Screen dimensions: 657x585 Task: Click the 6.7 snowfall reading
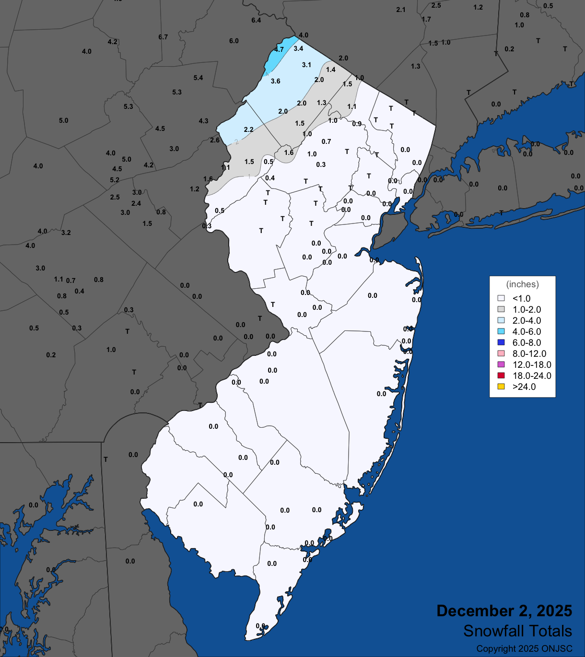[x=163, y=37]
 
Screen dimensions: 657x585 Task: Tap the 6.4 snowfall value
[x=256, y=20]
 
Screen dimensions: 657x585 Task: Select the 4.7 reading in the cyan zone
[x=279, y=49]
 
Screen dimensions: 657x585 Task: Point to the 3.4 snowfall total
[x=298, y=48]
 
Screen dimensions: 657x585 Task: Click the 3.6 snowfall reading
[x=275, y=81]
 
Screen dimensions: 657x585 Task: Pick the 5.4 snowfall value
[x=198, y=78]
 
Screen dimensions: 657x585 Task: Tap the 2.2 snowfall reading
[x=248, y=129]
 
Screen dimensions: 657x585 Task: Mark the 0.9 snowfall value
[x=357, y=124]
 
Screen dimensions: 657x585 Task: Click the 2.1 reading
[x=401, y=10]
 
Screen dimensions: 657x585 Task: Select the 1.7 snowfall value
[x=426, y=19]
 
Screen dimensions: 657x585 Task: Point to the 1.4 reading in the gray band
[x=331, y=70]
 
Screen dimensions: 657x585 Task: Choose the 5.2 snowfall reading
[x=114, y=180]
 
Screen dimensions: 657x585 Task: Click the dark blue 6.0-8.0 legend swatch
[x=501, y=342]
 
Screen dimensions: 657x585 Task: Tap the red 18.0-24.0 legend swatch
[x=501, y=375]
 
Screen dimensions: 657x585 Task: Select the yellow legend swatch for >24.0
[x=501, y=387]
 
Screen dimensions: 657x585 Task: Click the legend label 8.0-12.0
[x=529, y=353]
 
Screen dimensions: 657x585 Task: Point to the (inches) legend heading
[x=522, y=284]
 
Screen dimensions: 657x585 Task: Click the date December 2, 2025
[x=504, y=611]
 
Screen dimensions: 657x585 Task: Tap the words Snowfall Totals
[x=517, y=631]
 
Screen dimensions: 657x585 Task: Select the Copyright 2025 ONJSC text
[x=524, y=649]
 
